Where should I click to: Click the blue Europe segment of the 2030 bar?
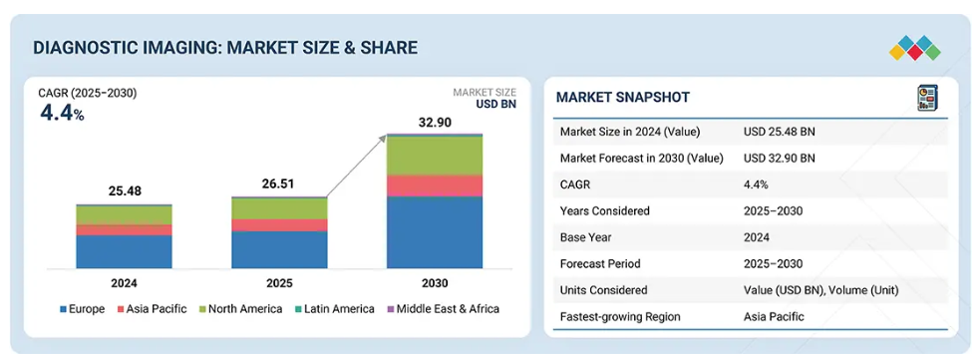pyautogui.click(x=435, y=232)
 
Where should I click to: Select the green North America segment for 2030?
pyautogui.click(x=435, y=155)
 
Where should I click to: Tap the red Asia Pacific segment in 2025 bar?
pyautogui.click(x=279, y=225)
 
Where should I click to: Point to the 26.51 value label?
pyautogui.click(x=279, y=184)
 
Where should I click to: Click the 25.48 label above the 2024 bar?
pyautogui.click(x=125, y=190)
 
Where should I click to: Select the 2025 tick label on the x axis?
pyautogui.click(x=279, y=283)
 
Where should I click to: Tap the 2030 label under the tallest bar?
pyautogui.click(x=435, y=283)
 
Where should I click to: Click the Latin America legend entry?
pyautogui.click(x=334, y=309)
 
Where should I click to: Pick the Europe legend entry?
pyautogui.click(x=83, y=309)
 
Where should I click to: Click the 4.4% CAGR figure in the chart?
pyautogui.click(x=62, y=113)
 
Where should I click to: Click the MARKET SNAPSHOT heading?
pyautogui.click(x=622, y=97)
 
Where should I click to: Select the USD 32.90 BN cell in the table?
pyautogui.click(x=780, y=158)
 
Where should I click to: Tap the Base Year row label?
pyautogui.click(x=587, y=237)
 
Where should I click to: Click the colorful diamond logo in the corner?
pyautogui.click(x=914, y=47)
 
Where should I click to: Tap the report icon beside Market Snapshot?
pyautogui.click(x=928, y=99)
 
